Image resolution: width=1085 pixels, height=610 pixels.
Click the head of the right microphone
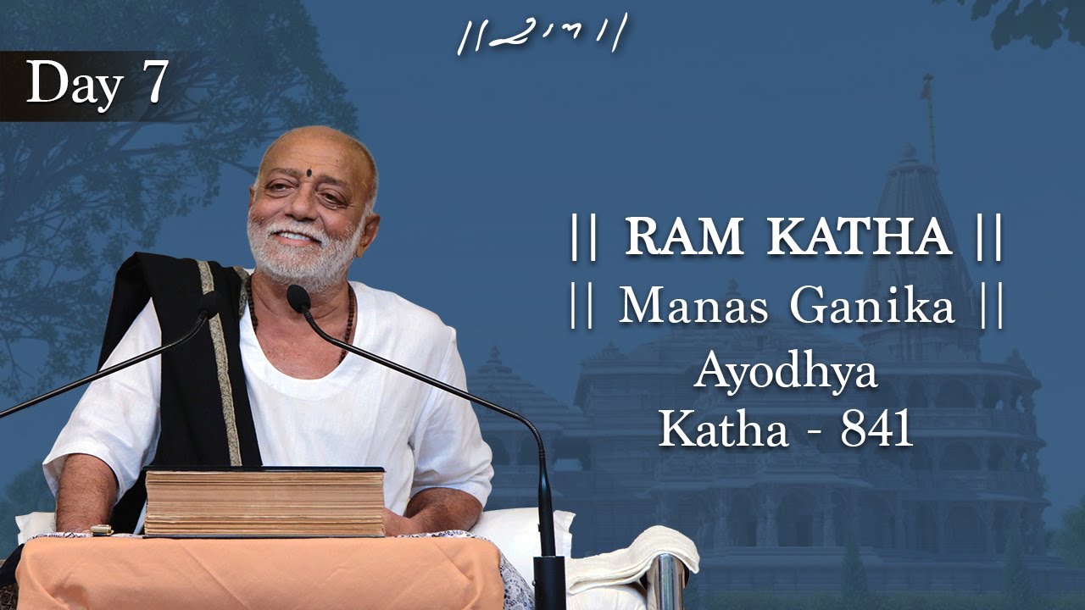click(298, 297)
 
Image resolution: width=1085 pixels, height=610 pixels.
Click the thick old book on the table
click(264, 502)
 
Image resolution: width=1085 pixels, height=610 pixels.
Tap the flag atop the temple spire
click(927, 86)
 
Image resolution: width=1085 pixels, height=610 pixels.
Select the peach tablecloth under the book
click(254, 572)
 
